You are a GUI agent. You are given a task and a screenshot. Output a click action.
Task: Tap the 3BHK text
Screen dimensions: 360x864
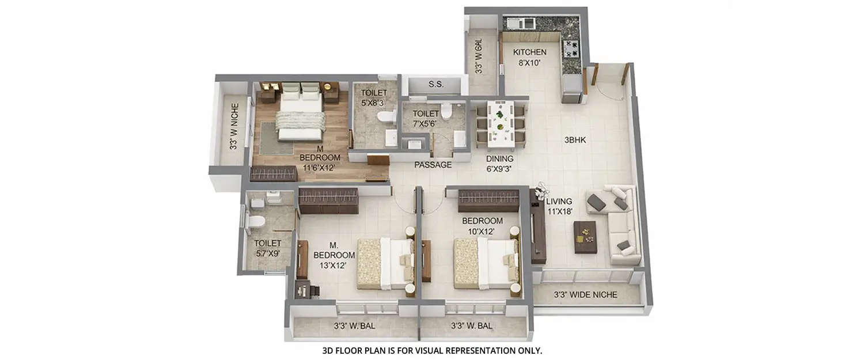[x=575, y=139]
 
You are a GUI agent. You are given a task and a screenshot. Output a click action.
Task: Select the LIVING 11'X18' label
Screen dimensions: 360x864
[x=559, y=206]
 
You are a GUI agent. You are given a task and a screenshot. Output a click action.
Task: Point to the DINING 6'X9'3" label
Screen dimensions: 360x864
[x=499, y=164]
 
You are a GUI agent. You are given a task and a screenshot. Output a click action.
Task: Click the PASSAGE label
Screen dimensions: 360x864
[x=433, y=165]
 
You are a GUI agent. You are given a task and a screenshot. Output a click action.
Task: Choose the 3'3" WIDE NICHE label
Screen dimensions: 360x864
[x=585, y=295]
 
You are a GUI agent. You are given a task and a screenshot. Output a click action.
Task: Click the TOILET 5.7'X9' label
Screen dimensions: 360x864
[x=268, y=248]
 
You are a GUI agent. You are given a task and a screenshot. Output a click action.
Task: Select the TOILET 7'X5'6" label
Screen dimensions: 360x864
[x=426, y=119]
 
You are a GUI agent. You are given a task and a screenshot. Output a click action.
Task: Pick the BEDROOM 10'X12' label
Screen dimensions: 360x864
[x=482, y=226]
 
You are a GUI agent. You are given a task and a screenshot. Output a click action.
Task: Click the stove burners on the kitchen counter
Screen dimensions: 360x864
[x=571, y=48]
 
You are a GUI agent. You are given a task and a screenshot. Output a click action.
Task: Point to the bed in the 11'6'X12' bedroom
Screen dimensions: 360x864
[x=300, y=115]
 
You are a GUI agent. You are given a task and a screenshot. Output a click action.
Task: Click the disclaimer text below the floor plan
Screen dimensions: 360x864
[x=432, y=350]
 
